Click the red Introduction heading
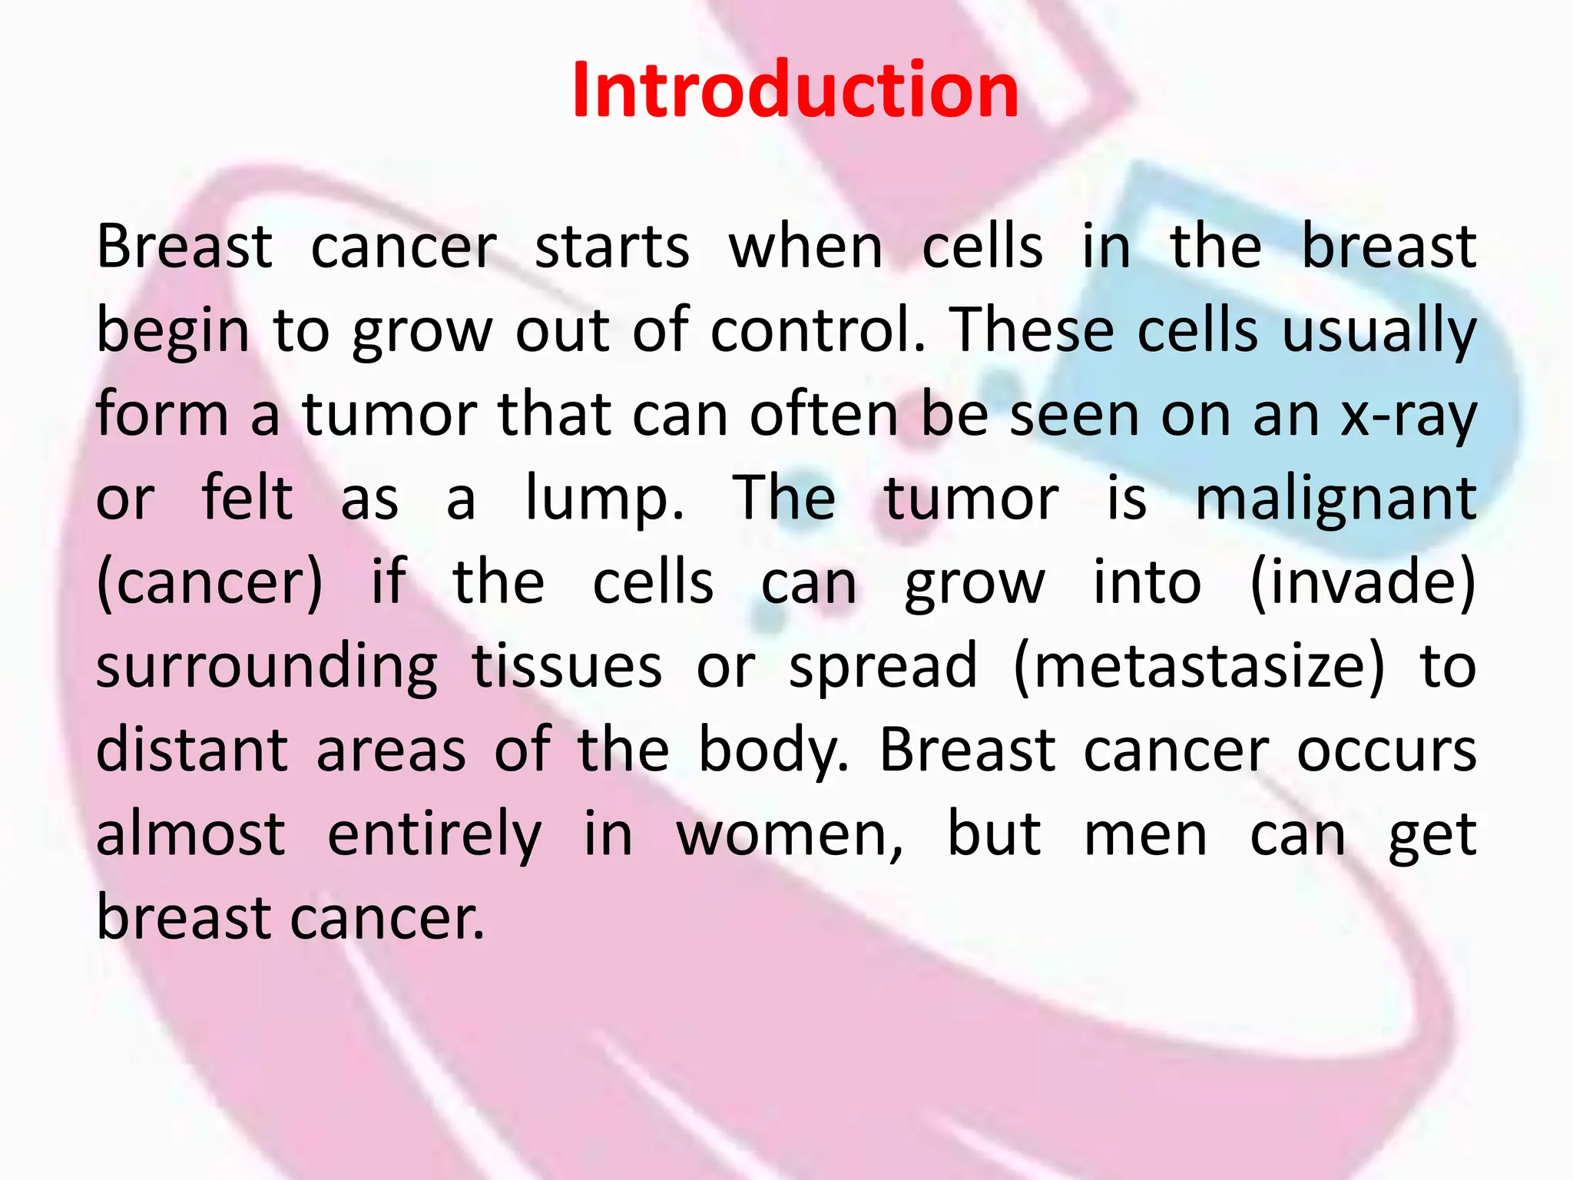pyautogui.click(x=795, y=91)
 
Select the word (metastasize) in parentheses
pyautogui.click(x=1199, y=666)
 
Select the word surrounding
pyautogui.click(x=267, y=666)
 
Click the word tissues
pyautogui.click(x=567, y=666)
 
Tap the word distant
pyautogui.click(x=192, y=750)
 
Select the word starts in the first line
pyautogui.click(x=612, y=247)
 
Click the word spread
pyautogui.click(x=883, y=666)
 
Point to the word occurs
pyautogui.click(x=1386, y=750)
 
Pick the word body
pyautogui.click(x=772, y=750)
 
